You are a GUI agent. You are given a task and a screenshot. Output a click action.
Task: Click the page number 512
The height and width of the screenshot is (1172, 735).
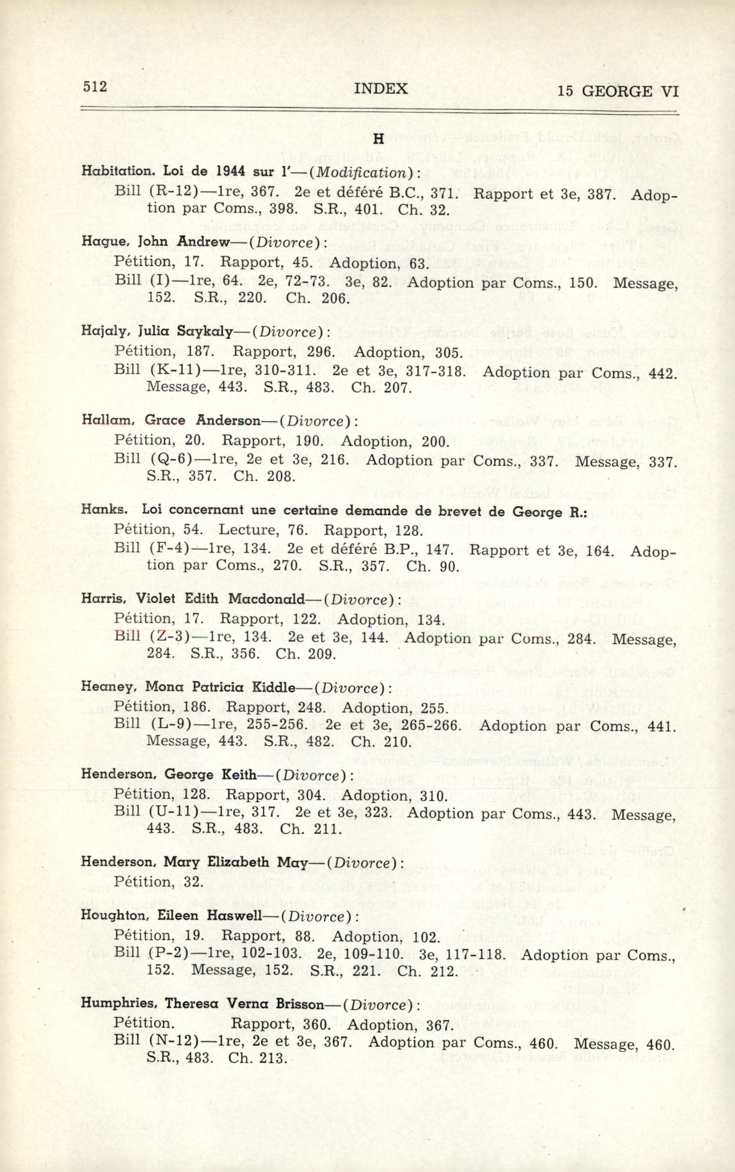click(x=95, y=87)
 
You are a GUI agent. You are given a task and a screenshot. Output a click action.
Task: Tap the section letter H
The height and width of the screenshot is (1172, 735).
click(x=379, y=139)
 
